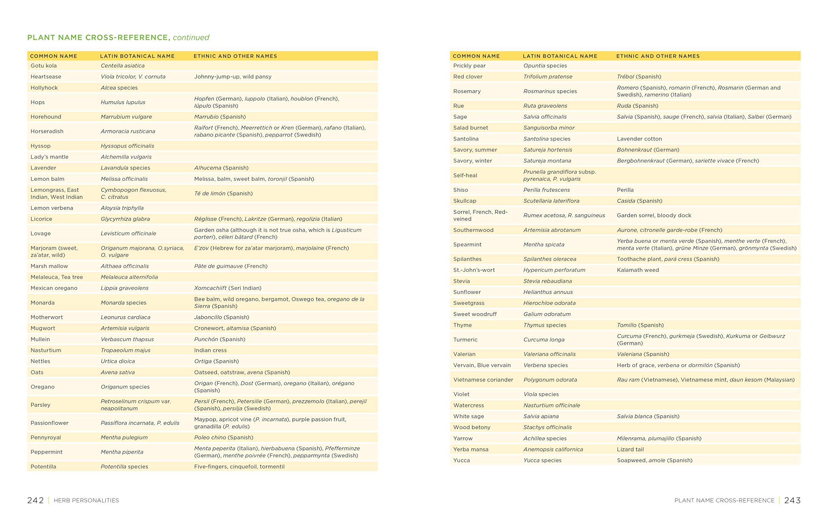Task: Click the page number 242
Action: pos(36,500)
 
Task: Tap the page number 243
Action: pos(792,500)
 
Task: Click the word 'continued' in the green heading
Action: pos(191,38)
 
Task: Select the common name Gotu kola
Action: pos(44,66)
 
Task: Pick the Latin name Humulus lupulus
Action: pos(123,102)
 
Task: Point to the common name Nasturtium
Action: pos(46,350)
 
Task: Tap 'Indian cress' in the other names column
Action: pos(210,350)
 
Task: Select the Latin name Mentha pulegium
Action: pos(124,437)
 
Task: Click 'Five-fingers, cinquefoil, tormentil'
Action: pos(239,467)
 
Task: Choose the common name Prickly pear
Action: pos(469,66)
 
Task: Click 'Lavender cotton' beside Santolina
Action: pos(639,139)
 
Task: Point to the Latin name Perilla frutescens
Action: pos(546,190)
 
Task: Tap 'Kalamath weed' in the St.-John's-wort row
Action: pos(638,270)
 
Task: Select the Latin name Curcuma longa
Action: pos(544,340)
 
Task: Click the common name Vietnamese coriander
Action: pos(483,380)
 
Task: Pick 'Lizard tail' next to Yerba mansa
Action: pos(630,449)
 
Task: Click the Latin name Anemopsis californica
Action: pos(553,449)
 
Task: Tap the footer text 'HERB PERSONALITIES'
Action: pos(86,500)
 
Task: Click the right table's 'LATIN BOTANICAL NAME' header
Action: pos(560,56)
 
